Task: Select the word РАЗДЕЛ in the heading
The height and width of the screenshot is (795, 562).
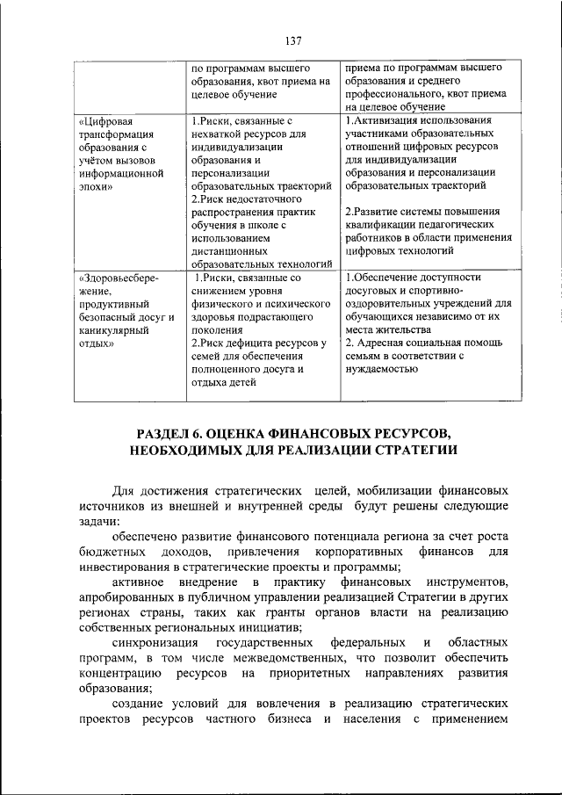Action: point(170,434)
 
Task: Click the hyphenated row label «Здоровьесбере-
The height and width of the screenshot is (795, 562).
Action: point(118,278)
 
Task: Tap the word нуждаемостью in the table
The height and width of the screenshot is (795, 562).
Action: point(384,369)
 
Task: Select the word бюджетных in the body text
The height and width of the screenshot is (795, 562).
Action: point(108,552)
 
